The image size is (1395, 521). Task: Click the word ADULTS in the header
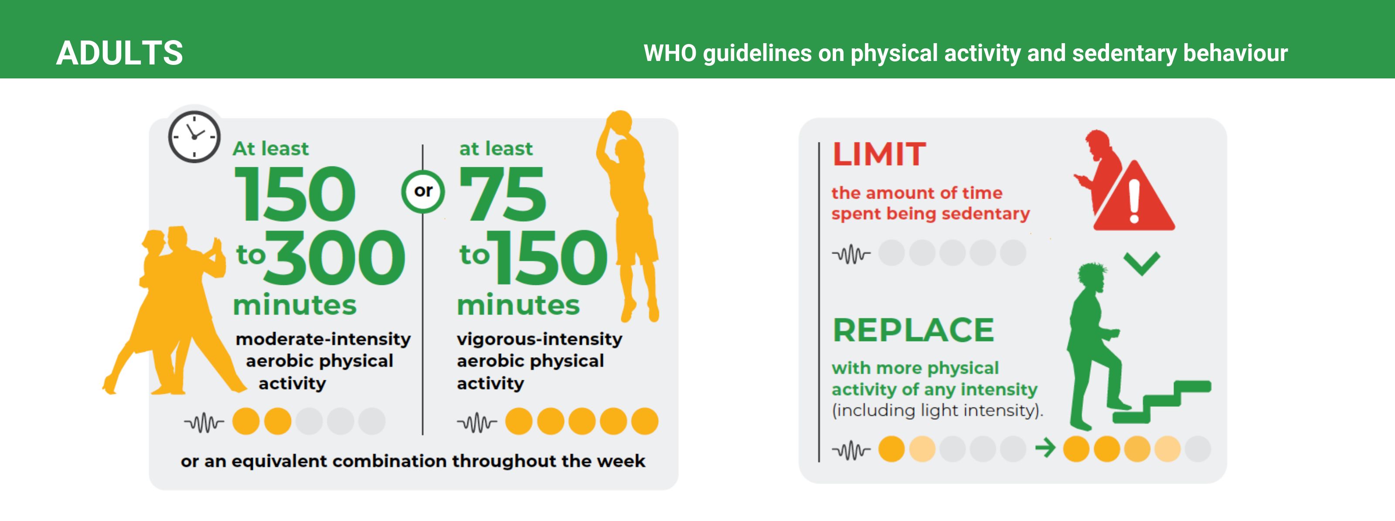(x=120, y=53)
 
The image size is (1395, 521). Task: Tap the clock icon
(x=194, y=137)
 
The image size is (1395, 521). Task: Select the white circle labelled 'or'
(x=423, y=191)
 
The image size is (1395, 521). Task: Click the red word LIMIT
(x=879, y=154)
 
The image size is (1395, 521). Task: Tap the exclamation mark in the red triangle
(x=1134, y=201)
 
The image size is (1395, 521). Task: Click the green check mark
(x=1142, y=264)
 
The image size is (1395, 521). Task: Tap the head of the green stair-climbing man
(x=1091, y=277)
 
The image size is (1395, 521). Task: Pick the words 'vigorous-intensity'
(x=539, y=339)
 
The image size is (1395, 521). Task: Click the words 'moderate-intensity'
(x=323, y=339)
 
